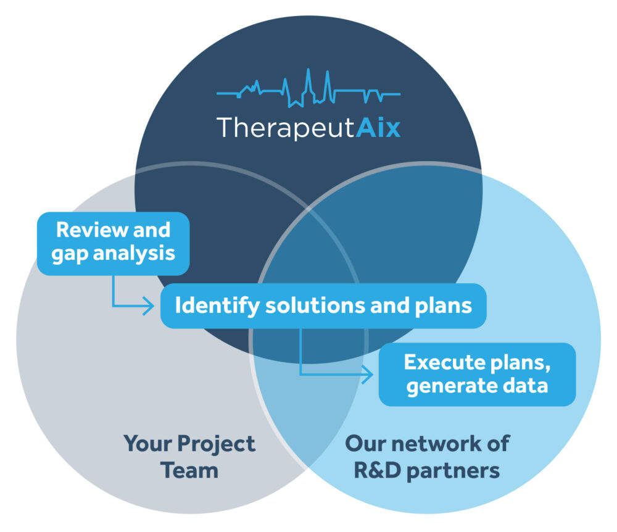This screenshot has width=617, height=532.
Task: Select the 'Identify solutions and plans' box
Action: pos(323,305)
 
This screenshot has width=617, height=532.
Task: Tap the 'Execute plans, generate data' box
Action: pos(477,374)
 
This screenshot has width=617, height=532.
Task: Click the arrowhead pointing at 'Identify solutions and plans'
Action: pos(149,305)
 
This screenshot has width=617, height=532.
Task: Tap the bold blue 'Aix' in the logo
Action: pos(378,128)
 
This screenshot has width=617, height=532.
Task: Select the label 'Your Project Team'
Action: pos(189,457)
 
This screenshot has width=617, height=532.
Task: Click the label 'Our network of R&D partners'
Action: pos(427,457)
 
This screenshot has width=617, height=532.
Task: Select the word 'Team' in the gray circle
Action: pos(189,471)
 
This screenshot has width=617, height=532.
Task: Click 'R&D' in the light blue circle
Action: pos(376,471)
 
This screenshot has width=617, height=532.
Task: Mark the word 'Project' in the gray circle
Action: pos(216,443)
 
